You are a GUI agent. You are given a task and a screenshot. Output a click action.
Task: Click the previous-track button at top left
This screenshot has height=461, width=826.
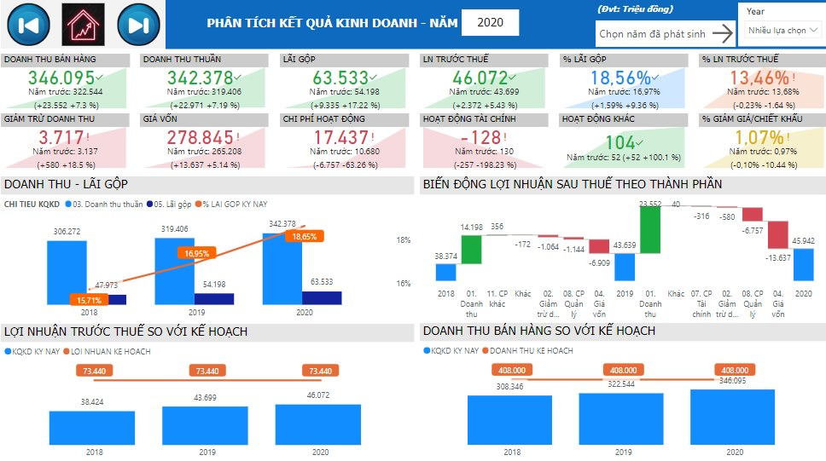point(28,24)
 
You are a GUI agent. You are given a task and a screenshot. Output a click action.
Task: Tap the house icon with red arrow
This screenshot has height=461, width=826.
point(84,24)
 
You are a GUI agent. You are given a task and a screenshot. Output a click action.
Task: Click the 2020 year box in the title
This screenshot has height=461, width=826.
point(490,23)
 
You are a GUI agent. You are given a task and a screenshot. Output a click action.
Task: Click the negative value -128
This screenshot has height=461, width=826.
point(475,137)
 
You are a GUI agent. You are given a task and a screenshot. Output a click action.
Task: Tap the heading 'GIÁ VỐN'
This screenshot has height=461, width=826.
point(161,119)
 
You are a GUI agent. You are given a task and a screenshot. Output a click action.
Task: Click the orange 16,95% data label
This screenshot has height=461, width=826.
point(199,253)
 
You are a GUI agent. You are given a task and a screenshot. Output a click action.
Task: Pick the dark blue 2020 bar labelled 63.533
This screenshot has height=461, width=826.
point(322,297)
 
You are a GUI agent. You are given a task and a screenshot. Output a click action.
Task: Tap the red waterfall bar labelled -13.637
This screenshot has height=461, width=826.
point(777,234)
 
